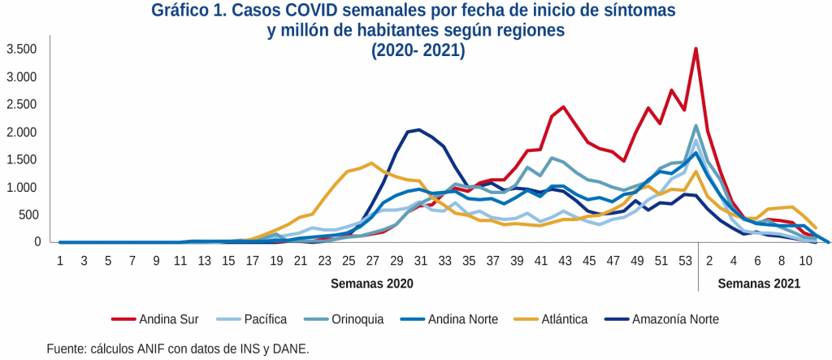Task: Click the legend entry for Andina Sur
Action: (x=167, y=319)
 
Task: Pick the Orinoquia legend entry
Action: (x=359, y=319)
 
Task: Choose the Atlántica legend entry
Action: (x=560, y=319)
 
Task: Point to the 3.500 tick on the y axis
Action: (x=23, y=50)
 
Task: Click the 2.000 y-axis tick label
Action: (x=23, y=132)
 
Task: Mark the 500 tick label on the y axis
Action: (x=29, y=215)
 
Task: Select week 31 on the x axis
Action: (x=419, y=259)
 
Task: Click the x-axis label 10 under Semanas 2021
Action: (x=804, y=259)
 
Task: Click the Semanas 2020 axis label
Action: (x=372, y=284)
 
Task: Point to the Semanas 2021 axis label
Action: (x=759, y=284)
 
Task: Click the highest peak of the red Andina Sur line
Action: (x=695, y=49)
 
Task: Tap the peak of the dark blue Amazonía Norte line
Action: (x=418, y=129)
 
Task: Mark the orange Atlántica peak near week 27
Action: (x=371, y=163)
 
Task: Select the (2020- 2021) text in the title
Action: (x=418, y=50)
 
